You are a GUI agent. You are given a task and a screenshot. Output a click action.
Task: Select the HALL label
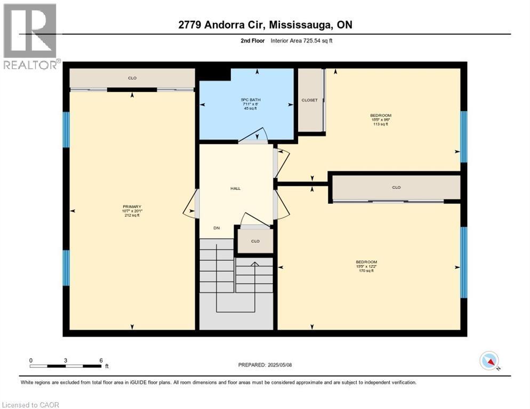(x=235, y=189)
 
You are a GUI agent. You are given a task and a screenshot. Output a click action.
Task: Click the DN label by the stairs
(x=216, y=228)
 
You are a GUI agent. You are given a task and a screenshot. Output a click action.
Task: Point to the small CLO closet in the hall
(x=255, y=241)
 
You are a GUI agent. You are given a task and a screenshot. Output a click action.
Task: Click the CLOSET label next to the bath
(x=309, y=100)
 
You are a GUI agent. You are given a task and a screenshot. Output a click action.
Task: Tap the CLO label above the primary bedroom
(x=132, y=78)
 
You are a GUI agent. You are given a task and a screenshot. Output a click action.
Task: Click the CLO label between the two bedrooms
(x=396, y=187)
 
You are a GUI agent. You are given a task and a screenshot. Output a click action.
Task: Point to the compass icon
(x=489, y=361)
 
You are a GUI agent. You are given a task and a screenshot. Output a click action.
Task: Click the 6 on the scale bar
(x=101, y=361)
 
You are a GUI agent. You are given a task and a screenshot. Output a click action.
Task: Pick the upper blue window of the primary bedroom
(x=66, y=129)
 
